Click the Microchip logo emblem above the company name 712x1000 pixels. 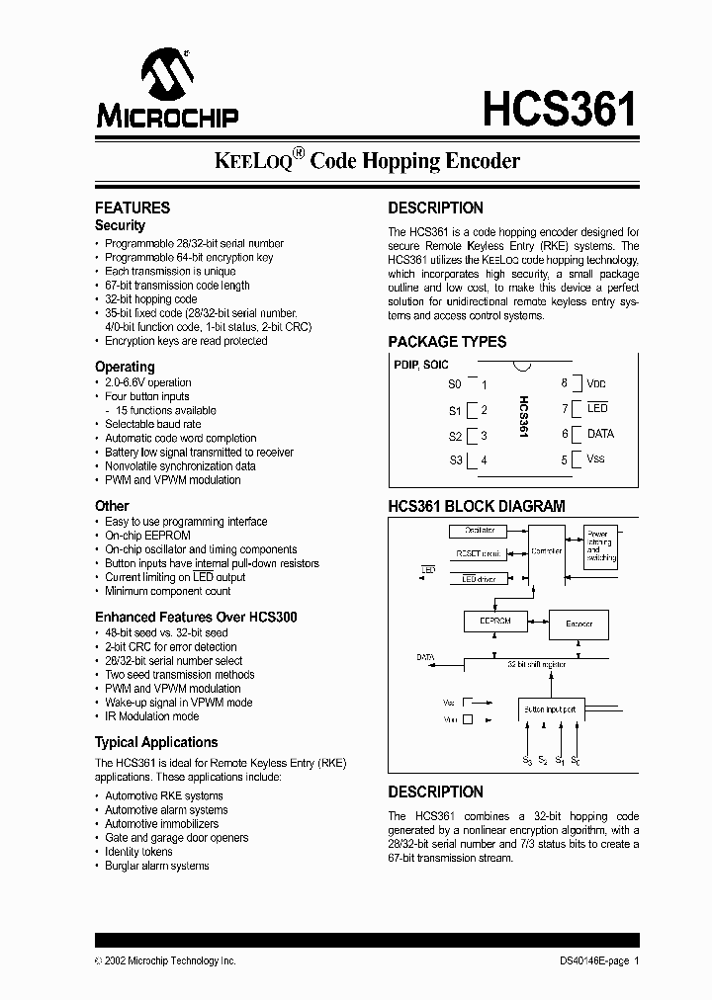click(166, 74)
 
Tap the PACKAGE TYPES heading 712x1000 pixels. click(446, 342)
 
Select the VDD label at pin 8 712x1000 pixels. click(596, 383)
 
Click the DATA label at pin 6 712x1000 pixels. click(600, 434)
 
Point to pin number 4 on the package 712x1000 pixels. click(484, 460)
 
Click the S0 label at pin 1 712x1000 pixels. click(455, 383)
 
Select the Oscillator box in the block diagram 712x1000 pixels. click(482, 531)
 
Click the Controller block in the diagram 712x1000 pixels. click(546, 551)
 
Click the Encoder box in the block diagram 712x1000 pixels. click(578, 625)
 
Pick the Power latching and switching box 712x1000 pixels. click(600, 544)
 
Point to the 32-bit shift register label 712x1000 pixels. click(537, 665)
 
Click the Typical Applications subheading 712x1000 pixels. click(156, 742)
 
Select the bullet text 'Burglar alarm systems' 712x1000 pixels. click(157, 866)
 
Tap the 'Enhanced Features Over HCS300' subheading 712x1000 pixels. click(196, 617)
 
